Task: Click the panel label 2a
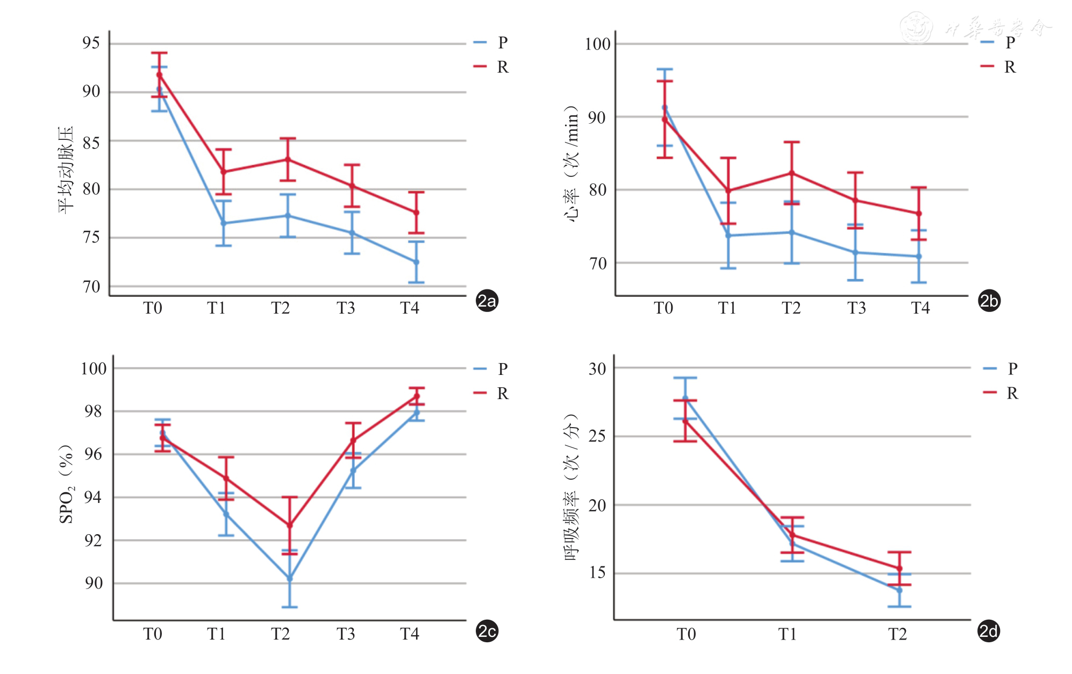[x=487, y=301]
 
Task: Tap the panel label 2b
[x=989, y=301]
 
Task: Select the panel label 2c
[x=487, y=631]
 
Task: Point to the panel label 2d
[x=988, y=631]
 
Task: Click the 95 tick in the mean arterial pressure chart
[x=91, y=43]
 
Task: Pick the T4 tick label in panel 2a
[x=409, y=308]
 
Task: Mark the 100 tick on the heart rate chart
[x=598, y=44]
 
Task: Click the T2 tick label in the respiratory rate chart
[x=897, y=635]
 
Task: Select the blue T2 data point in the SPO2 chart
[x=290, y=578]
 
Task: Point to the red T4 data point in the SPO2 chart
[x=417, y=396]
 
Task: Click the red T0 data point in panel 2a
[x=159, y=75]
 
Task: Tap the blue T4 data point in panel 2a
[x=416, y=262]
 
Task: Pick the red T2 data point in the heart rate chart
[x=792, y=173]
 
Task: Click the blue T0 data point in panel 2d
[x=685, y=399]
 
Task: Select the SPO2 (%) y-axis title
[x=66, y=484]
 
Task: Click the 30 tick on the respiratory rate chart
[x=597, y=368]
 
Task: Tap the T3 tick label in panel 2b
[x=856, y=308]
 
